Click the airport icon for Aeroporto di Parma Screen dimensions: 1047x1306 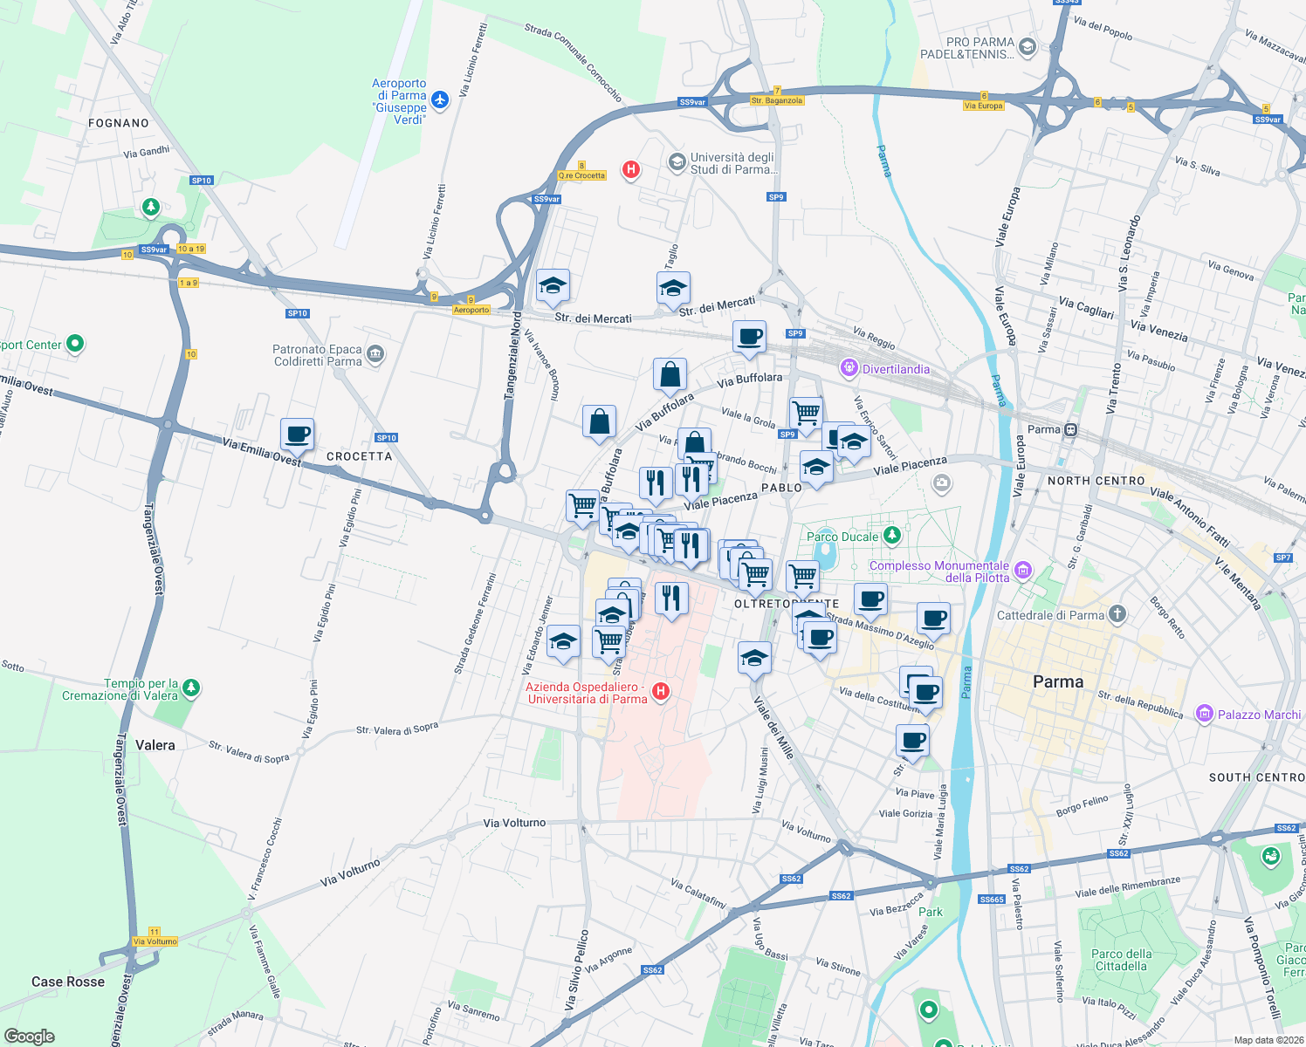pos(440,99)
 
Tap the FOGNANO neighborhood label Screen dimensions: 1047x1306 pos(119,123)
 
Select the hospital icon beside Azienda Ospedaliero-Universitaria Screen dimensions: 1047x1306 pos(661,692)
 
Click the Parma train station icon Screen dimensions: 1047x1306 pos(1071,429)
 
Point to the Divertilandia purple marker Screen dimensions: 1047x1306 pos(849,369)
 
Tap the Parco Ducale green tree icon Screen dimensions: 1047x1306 pos(891,535)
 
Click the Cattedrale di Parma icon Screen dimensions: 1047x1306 pos(1117,614)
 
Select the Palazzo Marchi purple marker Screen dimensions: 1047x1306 pos(1205,714)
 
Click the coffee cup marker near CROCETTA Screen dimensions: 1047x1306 pos(297,434)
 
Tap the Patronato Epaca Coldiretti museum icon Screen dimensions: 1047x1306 pos(375,353)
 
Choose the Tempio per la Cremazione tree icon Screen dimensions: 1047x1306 pos(191,688)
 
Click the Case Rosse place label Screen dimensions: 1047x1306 pos(68,982)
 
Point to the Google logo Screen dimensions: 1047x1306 pos(29,1037)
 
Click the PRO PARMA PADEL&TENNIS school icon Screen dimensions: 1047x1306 pos(1028,47)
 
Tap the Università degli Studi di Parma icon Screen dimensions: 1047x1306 pos(677,162)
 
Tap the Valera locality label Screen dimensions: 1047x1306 pos(155,745)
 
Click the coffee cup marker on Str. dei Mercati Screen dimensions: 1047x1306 pos(749,336)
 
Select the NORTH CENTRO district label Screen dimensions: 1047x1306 pos(1096,481)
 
